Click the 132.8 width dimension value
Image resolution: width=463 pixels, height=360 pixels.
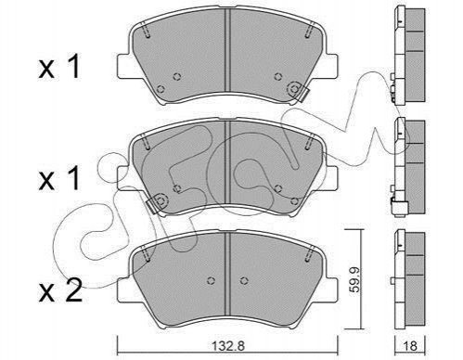point(228,345)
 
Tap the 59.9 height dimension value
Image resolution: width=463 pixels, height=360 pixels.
point(354,279)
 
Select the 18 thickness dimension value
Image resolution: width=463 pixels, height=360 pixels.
point(410,346)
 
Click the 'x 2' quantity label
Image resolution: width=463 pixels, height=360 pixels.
point(60,290)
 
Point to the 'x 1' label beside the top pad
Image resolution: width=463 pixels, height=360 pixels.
point(59,66)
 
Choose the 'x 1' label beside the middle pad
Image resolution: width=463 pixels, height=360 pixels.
point(59,178)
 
